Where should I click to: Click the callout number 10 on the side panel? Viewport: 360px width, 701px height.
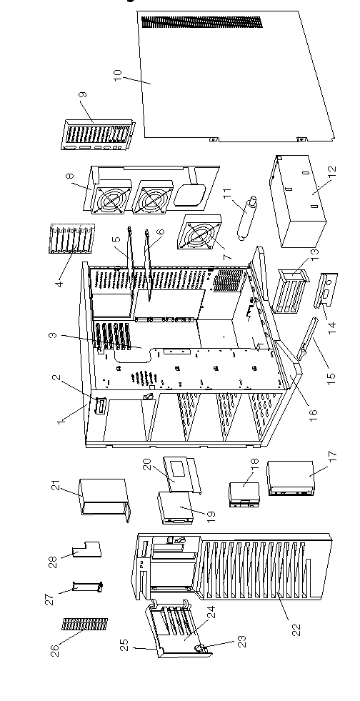(117, 75)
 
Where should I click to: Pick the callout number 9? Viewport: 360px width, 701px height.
(83, 96)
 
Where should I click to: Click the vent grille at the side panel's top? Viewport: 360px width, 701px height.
(201, 22)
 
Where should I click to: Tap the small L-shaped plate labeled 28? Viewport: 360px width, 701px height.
(86, 550)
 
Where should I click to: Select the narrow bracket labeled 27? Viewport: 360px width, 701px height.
(88, 586)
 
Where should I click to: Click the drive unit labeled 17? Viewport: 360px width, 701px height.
(291, 479)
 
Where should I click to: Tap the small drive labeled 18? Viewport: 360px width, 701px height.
(244, 494)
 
